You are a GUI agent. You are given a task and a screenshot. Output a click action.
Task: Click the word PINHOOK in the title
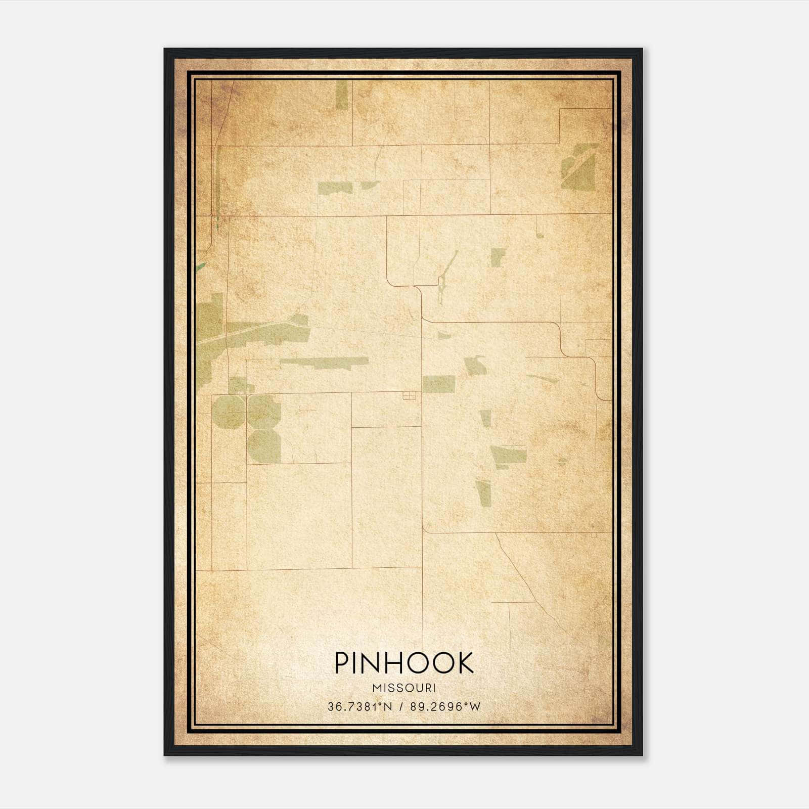[404, 663]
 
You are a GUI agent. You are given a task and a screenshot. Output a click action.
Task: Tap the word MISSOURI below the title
[404, 688]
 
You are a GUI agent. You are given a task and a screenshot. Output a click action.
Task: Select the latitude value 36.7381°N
[359, 707]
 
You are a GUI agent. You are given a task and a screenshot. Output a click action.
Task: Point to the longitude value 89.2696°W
[445, 707]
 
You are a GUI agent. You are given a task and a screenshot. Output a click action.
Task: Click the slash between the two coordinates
[401, 707]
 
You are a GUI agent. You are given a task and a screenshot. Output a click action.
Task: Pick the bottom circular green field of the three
[264, 446]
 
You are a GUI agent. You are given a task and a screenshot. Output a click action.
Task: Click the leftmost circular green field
[228, 412]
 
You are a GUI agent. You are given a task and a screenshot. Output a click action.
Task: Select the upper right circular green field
[263, 411]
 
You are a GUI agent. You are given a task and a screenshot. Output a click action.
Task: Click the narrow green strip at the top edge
[342, 95]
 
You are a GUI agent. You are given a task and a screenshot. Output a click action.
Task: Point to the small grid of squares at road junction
[409, 396]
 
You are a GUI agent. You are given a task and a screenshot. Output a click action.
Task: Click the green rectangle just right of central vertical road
[438, 384]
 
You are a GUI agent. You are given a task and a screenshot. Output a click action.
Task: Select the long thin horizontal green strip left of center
[324, 362]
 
